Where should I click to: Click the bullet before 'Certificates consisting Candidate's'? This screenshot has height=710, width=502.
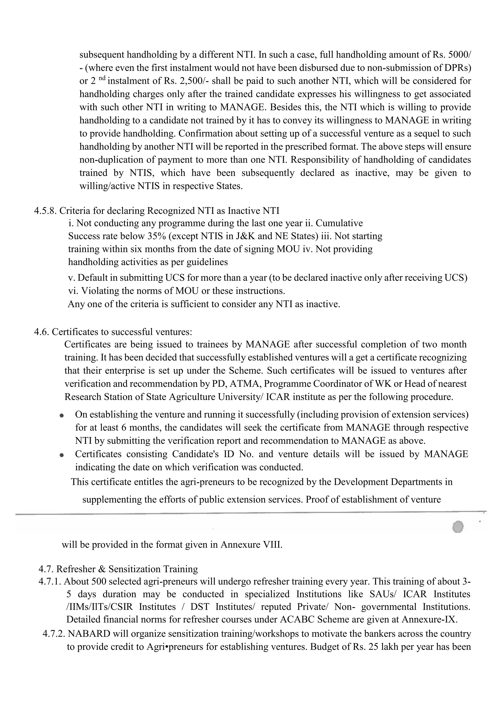62,455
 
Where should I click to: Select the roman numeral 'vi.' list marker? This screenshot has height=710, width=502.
73,291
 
